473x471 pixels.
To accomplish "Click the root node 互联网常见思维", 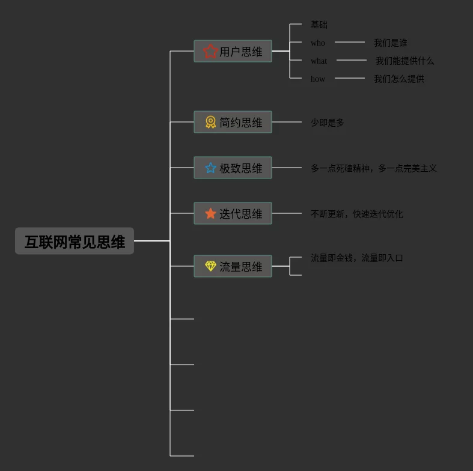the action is (x=75, y=241).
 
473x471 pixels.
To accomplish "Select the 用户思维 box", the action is (x=233, y=51).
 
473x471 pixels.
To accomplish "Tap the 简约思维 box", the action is (x=233, y=122).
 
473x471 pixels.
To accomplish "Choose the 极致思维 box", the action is (x=233, y=168).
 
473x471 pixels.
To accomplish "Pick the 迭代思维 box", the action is (x=233, y=213).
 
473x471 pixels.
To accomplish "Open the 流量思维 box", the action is (x=233, y=266).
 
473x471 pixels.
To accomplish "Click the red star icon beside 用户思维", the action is (x=210, y=51).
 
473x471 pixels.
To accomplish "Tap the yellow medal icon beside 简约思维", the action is (x=210, y=122).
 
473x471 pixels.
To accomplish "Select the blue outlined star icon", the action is (x=210, y=168).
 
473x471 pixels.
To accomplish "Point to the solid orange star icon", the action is (x=210, y=213).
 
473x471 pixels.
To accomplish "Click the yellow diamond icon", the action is (x=210, y=266).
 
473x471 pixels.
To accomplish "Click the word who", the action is (x=318, y=43).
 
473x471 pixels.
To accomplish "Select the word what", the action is (x=319, y=61).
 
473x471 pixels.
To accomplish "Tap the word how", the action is (x=318, y=79).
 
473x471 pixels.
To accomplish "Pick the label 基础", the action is (x=319, y=25).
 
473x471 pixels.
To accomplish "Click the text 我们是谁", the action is (x=391, y=43).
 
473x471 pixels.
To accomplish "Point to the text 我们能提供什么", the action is (x=404, y=61).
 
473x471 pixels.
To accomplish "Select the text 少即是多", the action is (x=328, y=123).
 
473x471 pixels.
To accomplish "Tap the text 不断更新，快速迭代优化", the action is (x=356, y=214).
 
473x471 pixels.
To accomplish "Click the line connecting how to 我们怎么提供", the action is (x=350, y=78).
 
